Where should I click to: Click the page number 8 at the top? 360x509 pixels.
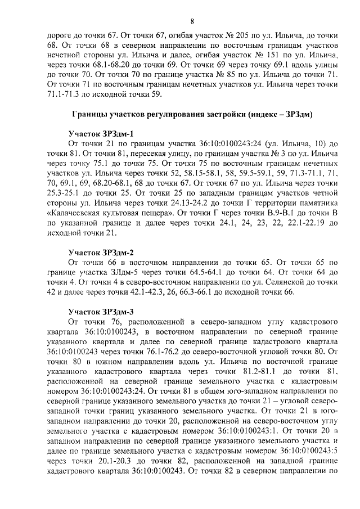191,22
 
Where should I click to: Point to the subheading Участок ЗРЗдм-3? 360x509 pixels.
101,311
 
